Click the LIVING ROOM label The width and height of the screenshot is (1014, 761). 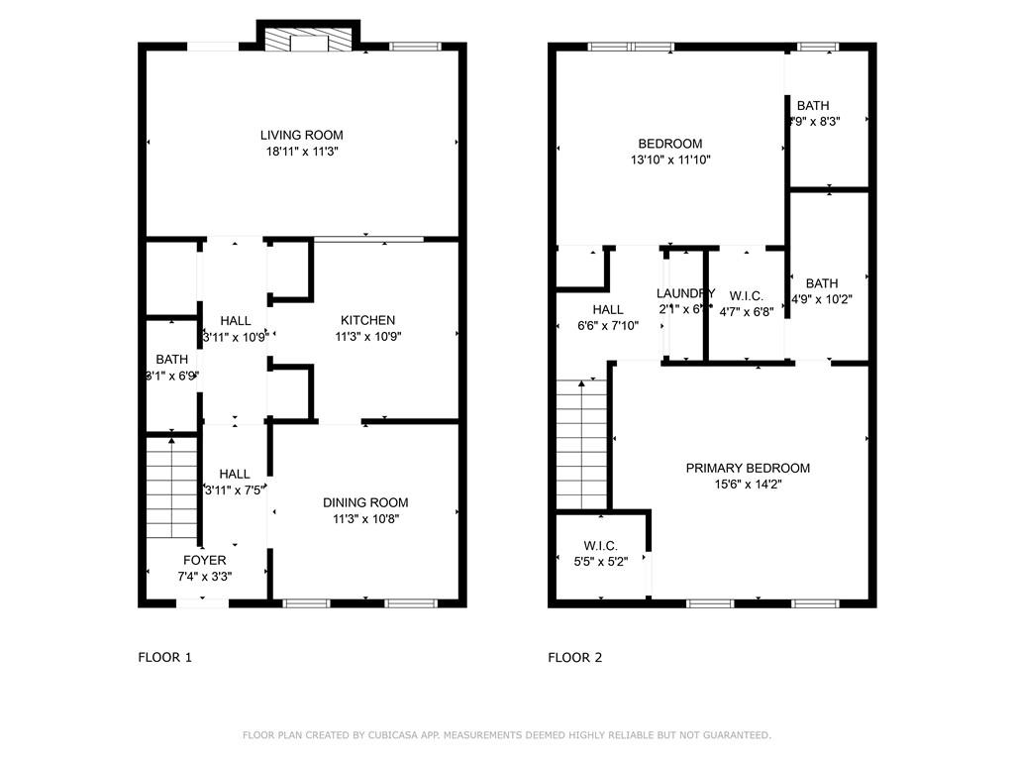302,135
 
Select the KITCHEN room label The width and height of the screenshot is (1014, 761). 367,320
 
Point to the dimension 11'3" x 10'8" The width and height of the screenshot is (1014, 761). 365,518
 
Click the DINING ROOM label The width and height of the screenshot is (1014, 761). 365,502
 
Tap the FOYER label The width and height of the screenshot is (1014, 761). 204,560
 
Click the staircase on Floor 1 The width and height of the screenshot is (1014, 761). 172,488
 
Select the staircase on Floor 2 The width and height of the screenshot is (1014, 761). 581,445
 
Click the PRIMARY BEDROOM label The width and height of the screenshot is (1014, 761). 748,468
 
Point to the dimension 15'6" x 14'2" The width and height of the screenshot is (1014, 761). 748,485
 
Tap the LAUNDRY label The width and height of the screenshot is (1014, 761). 685,293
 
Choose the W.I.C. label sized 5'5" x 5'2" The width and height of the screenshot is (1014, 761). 600,546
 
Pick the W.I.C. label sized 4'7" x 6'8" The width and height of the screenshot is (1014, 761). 746,295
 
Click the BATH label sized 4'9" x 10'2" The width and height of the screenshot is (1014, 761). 821,282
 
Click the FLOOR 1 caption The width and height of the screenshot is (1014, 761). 164,657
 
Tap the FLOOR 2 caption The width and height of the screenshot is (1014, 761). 575,657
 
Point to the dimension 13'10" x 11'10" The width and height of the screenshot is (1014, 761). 670,160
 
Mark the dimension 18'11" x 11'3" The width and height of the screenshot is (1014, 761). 302,152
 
